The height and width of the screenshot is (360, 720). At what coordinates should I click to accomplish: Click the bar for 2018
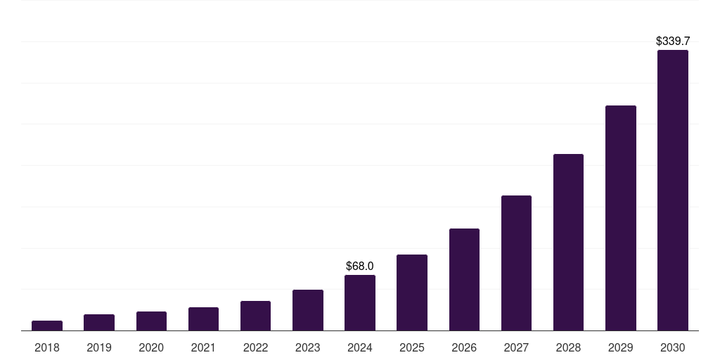click(47, 326)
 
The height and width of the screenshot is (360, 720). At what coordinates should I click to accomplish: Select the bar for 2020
click(151, 321)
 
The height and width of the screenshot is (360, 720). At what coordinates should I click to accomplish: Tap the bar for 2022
click(255, 316)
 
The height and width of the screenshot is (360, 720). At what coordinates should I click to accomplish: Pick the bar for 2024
click(360, 302)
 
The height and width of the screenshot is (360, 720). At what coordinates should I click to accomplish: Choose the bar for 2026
click(464, 279)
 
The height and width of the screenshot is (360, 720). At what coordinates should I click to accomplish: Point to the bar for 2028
click(568, 242)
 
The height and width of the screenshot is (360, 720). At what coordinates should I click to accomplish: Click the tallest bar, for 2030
click(672, 190)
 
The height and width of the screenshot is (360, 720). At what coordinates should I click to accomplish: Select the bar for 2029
click(620, 218)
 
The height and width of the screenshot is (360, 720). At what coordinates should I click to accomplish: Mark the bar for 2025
click(412, 292)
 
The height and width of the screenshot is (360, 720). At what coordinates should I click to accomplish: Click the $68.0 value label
click(360, 266)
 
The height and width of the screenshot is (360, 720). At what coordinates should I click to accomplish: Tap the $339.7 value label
click(672, 41)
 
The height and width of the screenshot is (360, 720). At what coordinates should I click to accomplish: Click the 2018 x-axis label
click(47, 347)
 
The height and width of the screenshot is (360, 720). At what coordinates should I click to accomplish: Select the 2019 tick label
click(99, 347)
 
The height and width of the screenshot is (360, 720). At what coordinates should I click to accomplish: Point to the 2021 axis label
click(203, 347)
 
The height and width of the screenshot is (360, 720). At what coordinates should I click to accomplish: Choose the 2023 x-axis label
click(307, 347)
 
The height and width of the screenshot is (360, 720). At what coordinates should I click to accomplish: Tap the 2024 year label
click(360, 347)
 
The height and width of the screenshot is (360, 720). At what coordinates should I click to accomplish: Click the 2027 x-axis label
click(516, 347)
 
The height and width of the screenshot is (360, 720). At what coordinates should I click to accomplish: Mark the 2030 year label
click(672, 347)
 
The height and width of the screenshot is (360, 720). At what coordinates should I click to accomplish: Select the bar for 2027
click(516, 263)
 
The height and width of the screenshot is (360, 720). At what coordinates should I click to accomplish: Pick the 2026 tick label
click(464, 347)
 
